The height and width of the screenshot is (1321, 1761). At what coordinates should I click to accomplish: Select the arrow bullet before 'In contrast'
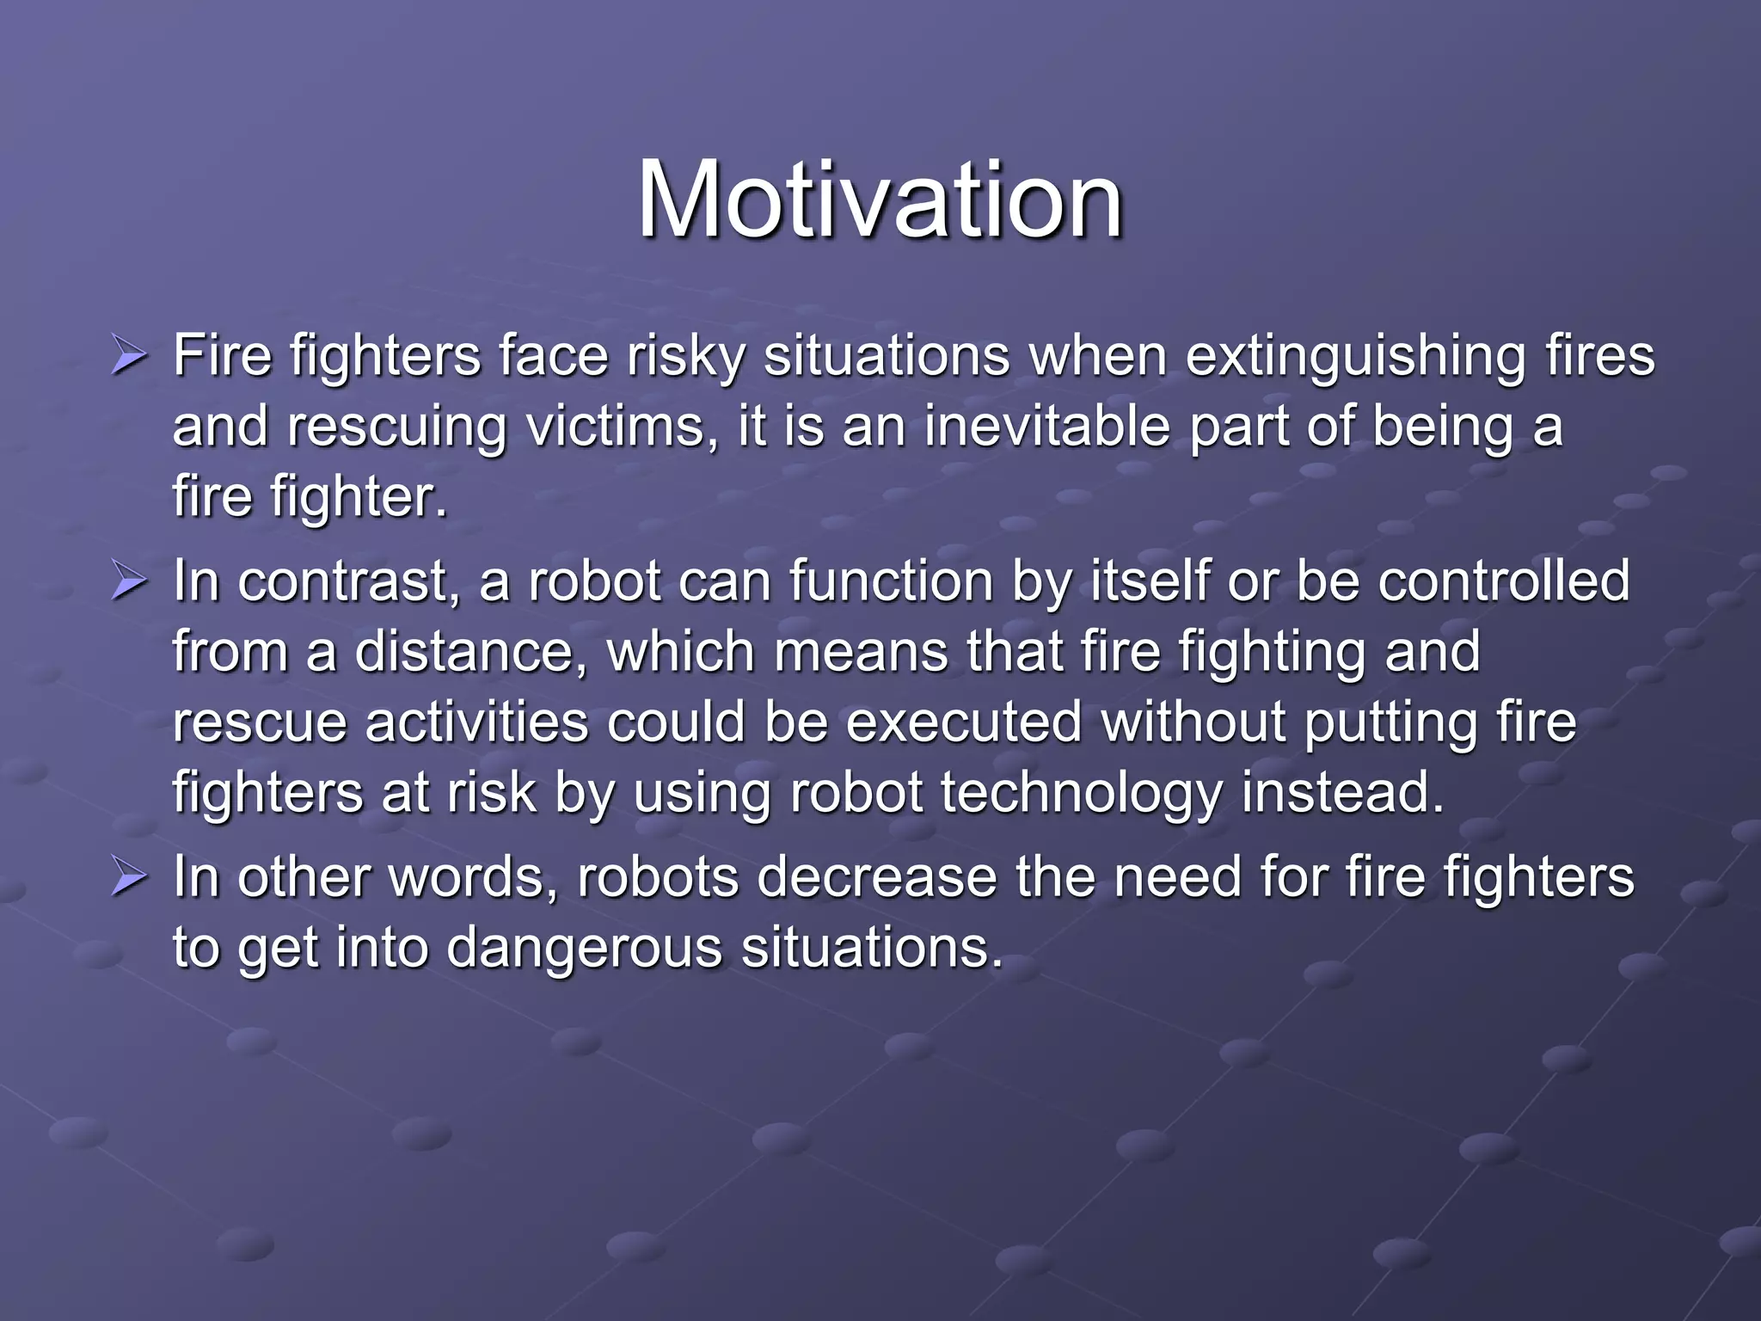[129, 582]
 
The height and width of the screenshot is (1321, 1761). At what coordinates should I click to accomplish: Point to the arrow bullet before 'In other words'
[129, 879]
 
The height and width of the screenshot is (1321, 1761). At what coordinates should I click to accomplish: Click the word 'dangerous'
[584, 949]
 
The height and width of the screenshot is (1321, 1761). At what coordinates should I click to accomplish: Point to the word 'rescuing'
[396, 427]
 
